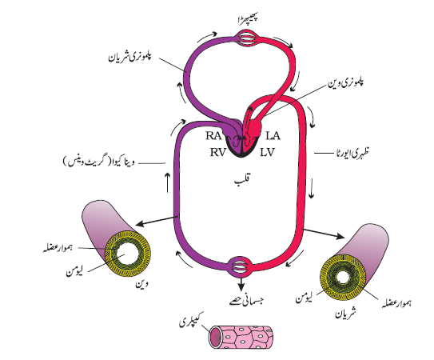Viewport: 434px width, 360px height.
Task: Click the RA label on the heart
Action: [213, 136]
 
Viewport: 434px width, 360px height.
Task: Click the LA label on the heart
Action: [273, 136]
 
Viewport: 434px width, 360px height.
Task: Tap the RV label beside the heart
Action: [218, 152]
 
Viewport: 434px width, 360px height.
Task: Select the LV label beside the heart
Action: [267, 152]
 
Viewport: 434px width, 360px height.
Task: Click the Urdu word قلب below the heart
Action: [242, 181]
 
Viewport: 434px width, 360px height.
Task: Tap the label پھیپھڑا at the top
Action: [248, 19]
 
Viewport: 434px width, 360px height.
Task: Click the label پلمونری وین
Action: [346, 82]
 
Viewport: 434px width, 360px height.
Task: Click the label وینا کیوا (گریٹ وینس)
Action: [99, 162]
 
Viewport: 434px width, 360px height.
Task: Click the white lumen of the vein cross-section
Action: [124, 255]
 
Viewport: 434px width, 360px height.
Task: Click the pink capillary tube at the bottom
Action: [241, 337]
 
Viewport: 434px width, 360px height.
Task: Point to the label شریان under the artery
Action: [346, 313]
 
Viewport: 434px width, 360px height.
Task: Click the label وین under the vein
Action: [141, 283]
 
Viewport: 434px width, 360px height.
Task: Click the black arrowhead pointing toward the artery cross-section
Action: [340, 236]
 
